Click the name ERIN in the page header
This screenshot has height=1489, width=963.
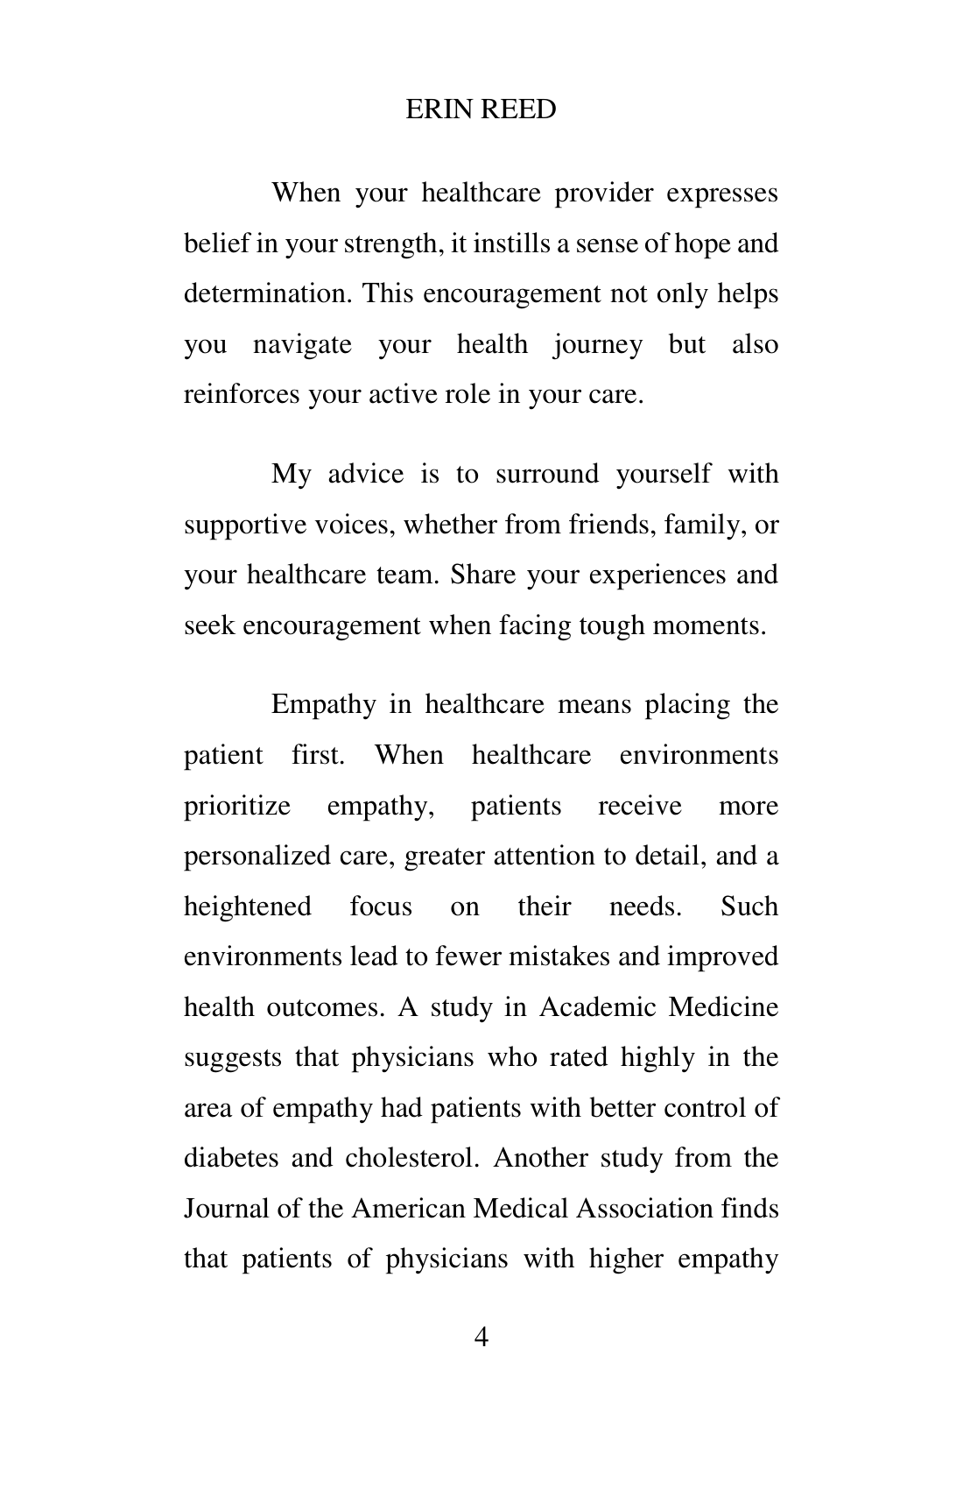click(x=437, y=109)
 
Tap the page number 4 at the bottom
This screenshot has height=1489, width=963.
click(x=481, y=1337)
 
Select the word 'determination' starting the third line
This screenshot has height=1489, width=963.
click(x=268, y=293)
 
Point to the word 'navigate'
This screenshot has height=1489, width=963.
click(x=302, y=344)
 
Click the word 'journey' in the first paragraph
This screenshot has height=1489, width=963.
click(x=598, y=344)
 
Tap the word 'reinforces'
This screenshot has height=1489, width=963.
click(x=242, y=394)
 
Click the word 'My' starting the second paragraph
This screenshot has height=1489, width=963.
click(x=291, y=474)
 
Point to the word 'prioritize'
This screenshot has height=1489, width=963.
click(x=237, y=805)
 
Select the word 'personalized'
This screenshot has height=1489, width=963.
click(x=258, y=856)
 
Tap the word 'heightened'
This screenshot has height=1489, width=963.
click(x=248, y=906)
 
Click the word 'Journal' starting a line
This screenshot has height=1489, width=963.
click(x=227, y=1209)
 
